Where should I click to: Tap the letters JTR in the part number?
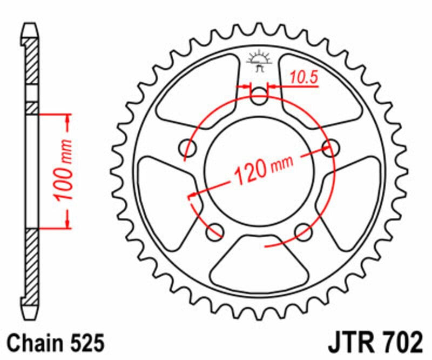coord(350,343)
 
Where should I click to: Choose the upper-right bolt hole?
coord(330,147)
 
